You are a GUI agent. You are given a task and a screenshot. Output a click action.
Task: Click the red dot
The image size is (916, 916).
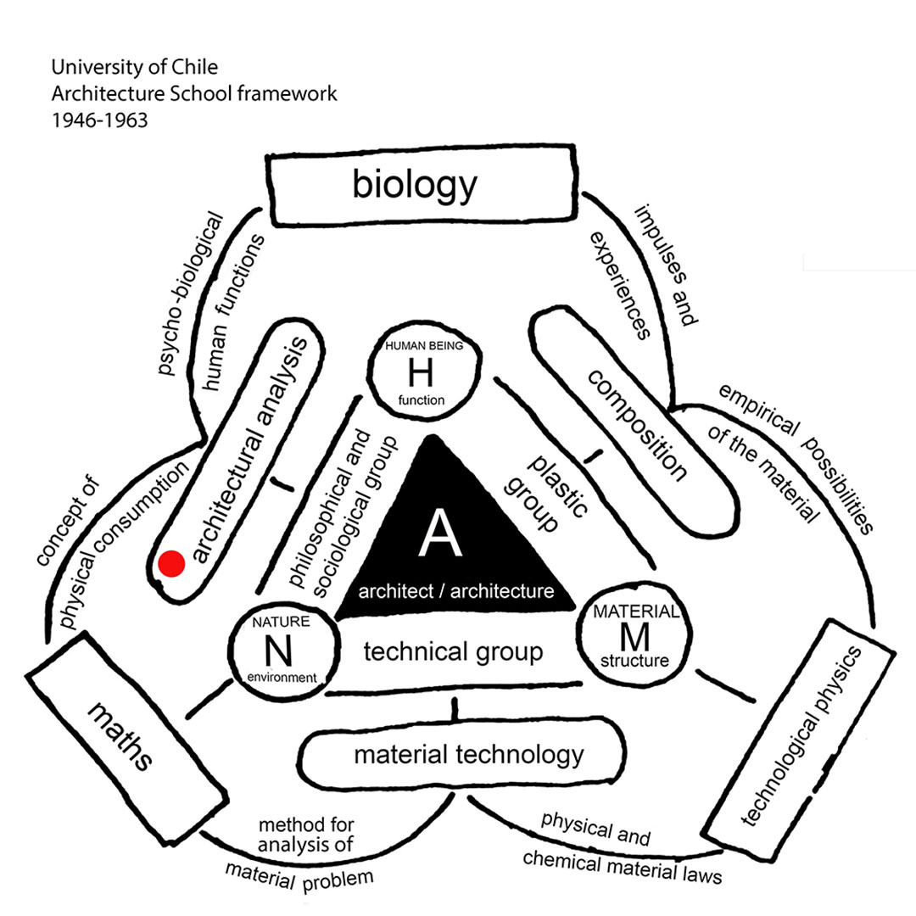(x=172, y=562)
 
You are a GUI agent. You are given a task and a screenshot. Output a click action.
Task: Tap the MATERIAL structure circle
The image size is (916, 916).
(x=637, y=634)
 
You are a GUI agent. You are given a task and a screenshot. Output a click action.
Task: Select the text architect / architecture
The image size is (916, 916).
(x=456, y=590)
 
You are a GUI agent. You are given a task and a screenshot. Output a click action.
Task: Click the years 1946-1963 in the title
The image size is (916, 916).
(x=99, y=120)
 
